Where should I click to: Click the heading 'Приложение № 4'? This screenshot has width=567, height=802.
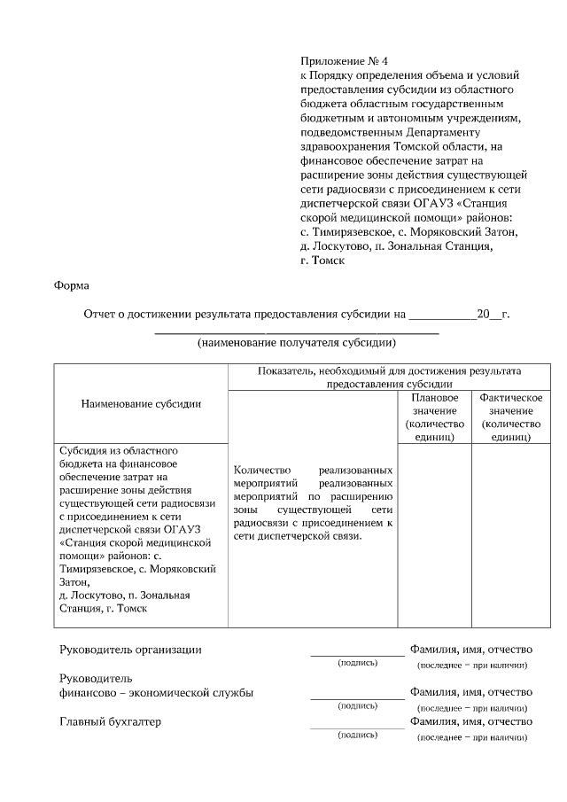click(345, 62)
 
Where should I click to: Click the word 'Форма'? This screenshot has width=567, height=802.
click(72, 285)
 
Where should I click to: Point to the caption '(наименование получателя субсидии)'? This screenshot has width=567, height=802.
click(296, 342)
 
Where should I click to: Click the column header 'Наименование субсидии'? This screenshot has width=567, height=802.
click(141, 403)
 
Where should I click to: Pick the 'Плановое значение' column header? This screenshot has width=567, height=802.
click(434, 417)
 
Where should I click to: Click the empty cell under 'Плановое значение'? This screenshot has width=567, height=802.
click(434, 532)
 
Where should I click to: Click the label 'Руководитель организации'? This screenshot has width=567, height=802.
click(130, 650)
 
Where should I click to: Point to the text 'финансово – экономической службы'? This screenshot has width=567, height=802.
click(156, 692)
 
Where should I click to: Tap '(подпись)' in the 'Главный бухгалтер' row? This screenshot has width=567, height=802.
click(357, 736)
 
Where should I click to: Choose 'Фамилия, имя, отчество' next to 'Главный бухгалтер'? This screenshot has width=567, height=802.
click(470, 722)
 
